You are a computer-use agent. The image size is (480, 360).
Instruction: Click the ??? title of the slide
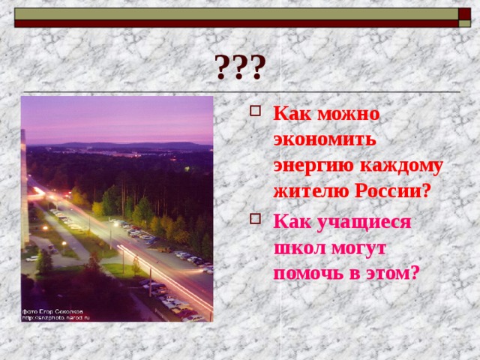[x=239, y=67]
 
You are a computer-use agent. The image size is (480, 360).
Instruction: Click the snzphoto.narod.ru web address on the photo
[x=56, y=318]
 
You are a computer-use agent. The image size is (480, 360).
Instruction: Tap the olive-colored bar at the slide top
[x=236, y=13]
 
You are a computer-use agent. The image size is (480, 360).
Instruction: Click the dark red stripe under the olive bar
[x=236, y=23]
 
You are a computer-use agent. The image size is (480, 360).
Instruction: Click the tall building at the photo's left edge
[x=25, y=187]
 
